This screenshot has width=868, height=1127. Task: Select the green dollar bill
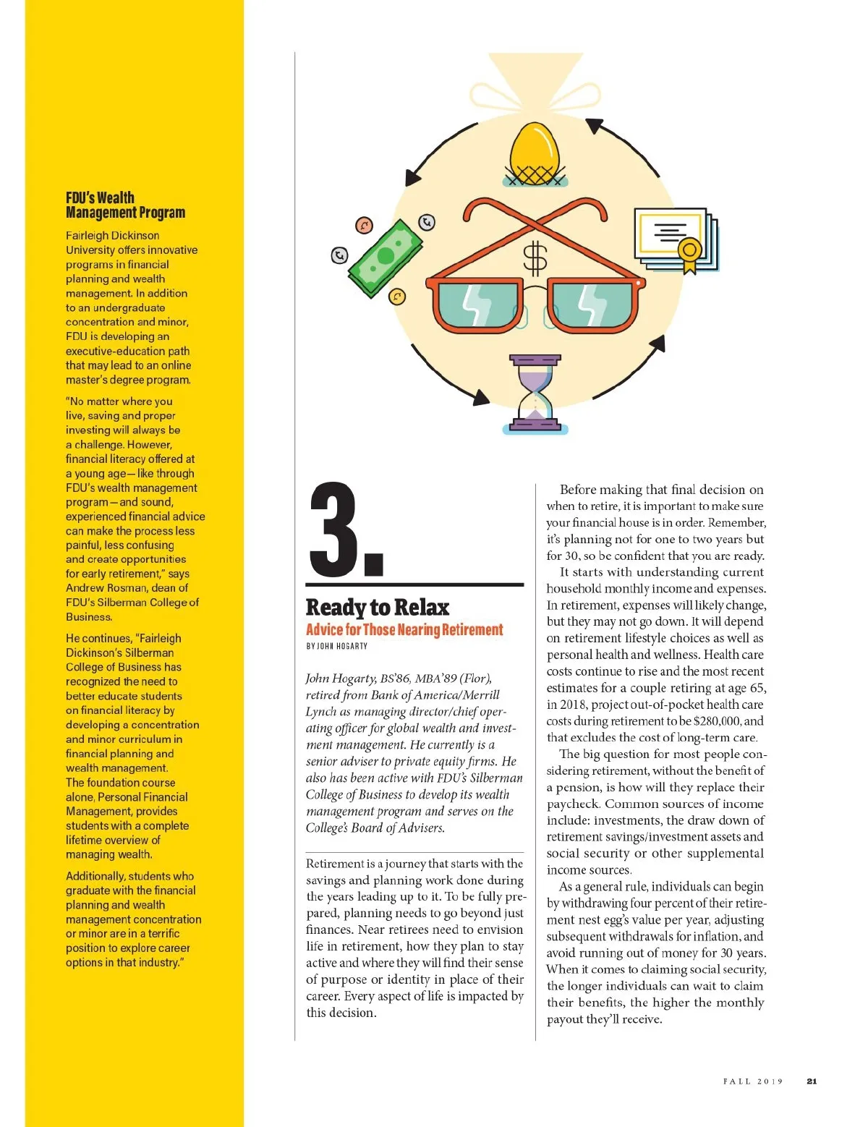pos(386,257)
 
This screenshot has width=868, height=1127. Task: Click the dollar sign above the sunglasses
pos(535,259)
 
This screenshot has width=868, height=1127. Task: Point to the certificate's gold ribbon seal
pos(689,252)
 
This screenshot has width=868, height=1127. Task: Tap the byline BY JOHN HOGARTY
pos(336,646)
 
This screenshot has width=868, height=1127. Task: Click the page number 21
pos(812,1081)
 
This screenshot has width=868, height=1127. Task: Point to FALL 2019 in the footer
pos(753,1081)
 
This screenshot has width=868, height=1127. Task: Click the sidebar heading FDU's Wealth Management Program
pos(125,205)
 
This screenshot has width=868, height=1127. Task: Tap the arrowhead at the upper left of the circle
pos(413,177)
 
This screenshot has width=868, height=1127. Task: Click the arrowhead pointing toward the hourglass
pos(480,396)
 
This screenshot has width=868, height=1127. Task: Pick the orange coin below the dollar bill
pos(397,297)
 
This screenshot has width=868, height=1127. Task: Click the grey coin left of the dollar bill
pos(339,255)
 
